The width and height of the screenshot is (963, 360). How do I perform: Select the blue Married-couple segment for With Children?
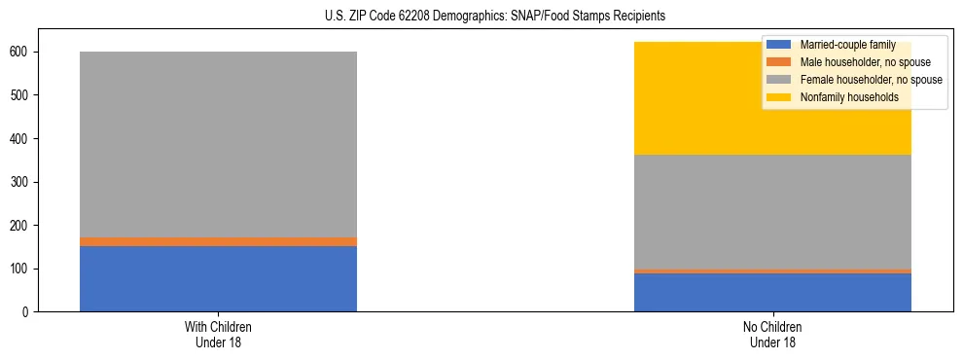click(218, 278)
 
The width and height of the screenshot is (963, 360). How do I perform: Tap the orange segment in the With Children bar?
click(218, 241)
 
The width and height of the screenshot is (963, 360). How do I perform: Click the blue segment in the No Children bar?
click(772, 292)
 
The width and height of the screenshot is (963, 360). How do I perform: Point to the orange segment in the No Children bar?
click(772, 271)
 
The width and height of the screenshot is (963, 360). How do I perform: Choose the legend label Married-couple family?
click(847, 45)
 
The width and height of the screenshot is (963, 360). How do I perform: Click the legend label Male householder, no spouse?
click(858, 62)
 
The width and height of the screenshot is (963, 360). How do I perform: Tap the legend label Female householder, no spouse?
click(871, 80)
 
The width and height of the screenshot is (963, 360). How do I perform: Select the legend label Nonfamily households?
click(842, 97)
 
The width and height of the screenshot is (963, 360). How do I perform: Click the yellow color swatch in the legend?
click(780, 97)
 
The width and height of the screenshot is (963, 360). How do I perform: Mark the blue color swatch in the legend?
click(780, 45)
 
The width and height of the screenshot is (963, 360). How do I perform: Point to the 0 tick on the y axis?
click(30, 312)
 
